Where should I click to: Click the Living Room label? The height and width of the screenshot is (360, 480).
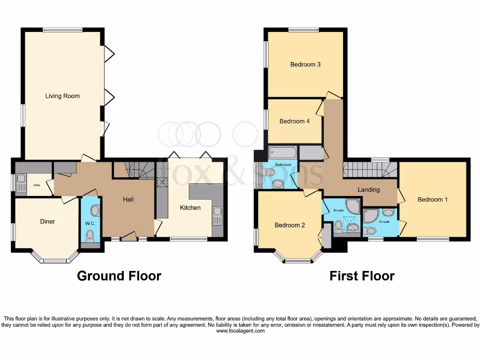click(x=62, y=96)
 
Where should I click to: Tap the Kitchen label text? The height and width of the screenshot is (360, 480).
click(x=190, y=208)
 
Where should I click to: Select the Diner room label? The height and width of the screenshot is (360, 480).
click(x=47, y=221)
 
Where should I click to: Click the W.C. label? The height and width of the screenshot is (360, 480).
click(x=90, y=224)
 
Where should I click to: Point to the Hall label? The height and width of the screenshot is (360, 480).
click(x=128, y=200)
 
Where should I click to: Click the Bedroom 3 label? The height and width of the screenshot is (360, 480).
click(x=305, y=65)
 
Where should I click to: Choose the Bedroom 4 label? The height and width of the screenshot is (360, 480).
click(x=294, y=121)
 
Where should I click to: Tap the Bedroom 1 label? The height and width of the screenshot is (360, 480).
click(x=433, y=200)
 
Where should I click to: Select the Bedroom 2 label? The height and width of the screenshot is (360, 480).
click(x=290, y=225)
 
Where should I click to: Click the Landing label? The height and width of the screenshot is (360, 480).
click(x=368, y=190)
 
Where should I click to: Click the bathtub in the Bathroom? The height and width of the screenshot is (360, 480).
click(x=283, y=153)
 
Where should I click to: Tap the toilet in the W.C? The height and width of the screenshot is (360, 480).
click(x=90, y=234)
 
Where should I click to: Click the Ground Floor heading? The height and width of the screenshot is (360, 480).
click(x=119, y=276)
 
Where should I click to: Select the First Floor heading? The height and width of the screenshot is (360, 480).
click(x=362, y=276)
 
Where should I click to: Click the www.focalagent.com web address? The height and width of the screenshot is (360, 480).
click(x=240, y=331)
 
